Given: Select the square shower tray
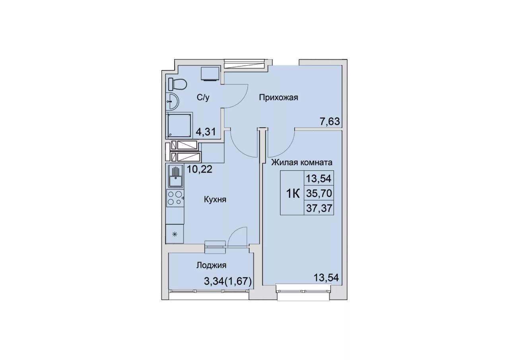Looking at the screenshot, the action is tap(179, 125).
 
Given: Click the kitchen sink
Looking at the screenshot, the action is tap(175, 177).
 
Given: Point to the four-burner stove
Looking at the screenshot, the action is tap(175, 198).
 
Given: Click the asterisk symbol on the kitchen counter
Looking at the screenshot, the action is tap(175, 234).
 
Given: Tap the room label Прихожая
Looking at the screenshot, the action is tap(278, 98).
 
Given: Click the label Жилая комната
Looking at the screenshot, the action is tap(302, 162).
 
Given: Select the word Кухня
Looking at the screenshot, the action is tap(215, 200).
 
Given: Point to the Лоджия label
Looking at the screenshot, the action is tap(211, 265).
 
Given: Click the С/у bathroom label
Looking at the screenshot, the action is tap(203, 97).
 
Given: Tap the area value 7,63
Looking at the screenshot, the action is tap(330, 122).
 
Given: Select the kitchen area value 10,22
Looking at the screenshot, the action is tap(200, 169).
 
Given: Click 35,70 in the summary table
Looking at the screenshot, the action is tap(319, 193).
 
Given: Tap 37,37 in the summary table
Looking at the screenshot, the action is tap(319, 208).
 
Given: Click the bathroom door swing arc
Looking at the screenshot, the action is tap(241, 96).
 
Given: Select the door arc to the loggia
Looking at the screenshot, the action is tap(236, 235).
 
